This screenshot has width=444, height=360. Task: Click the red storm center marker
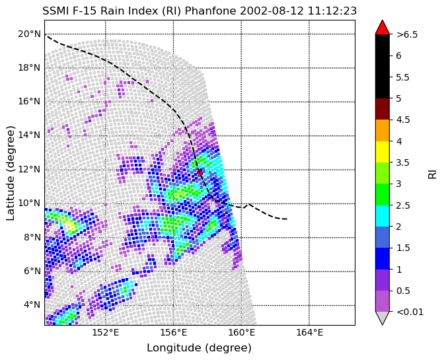(200, 172)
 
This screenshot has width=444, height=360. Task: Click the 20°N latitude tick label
(30, 34)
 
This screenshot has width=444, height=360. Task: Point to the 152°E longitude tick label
(106, 332)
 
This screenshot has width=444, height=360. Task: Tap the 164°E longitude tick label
(309, 332)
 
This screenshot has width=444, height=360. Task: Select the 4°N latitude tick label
(32, 305)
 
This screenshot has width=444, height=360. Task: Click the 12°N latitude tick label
(30, 170)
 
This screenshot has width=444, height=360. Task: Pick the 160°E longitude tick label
(242, 332)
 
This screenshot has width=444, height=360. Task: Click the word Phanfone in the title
(210, 11)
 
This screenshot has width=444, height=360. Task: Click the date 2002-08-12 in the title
(272, 11)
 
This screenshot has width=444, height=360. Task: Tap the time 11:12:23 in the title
(332, 11)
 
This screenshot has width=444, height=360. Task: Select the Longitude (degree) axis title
(199, 348)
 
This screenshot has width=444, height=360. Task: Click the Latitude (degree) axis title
(10, 173)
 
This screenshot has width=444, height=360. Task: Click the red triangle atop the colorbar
(383, 27)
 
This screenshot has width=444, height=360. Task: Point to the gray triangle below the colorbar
(383, 318)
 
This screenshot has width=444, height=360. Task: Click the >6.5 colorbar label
(407, 34)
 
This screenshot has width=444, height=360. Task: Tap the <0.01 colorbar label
(410, 312)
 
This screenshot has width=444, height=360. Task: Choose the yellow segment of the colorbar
(383, 152)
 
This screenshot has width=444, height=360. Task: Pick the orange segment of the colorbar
(383, 131)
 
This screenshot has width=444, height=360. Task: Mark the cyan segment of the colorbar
(383, 216)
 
